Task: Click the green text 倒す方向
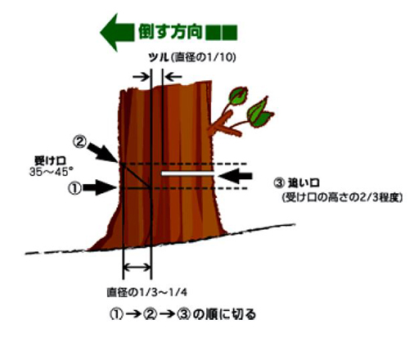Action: tap(170, 32)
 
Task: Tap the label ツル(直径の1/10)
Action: tap(192, 57)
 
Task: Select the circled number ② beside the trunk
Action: tap(80, 142)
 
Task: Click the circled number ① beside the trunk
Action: tap(74, 188)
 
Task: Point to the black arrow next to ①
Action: tap(100, 187)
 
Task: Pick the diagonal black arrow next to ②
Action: tap(102, 151)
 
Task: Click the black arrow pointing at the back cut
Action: tap(236, 176)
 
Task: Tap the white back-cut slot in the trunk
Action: tap(187, 173)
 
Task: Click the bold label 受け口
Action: tap(50, 160)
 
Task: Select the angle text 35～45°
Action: tap(52, 172)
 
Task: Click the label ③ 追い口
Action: tap(296, 183)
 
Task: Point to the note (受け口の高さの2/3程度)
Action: tap(342, 197)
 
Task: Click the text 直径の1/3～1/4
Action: tap(147, 292)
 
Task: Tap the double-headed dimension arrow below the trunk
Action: tap(137, 268)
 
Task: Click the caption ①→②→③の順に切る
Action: tap(182, 314)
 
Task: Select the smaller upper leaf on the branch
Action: tap(238, 96)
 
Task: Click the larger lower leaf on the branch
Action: tap(259, 114)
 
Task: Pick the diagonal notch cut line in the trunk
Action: tap(137, 176)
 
